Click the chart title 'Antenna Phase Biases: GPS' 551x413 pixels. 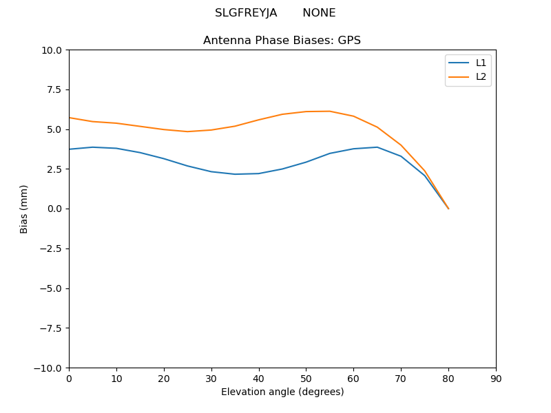coord(282,41)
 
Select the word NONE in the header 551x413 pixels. coord(319,13)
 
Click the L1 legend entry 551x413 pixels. coord(481,63)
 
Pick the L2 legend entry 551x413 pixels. coord(481,76)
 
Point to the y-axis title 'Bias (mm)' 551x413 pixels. coord(24,209)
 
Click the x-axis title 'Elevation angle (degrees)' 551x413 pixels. coord(282,392)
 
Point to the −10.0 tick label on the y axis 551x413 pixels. coord(50,368)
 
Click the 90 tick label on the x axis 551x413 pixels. coord(496,379)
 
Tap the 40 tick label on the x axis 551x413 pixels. coord(259,379)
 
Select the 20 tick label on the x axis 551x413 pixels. coord(164,379)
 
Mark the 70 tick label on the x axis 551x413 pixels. coord(401,379)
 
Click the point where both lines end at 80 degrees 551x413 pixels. coord(448,209)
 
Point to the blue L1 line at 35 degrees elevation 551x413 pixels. coord(235,174)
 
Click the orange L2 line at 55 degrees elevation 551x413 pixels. coord(330,112)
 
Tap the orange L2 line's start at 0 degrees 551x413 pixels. coord(70,118)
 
